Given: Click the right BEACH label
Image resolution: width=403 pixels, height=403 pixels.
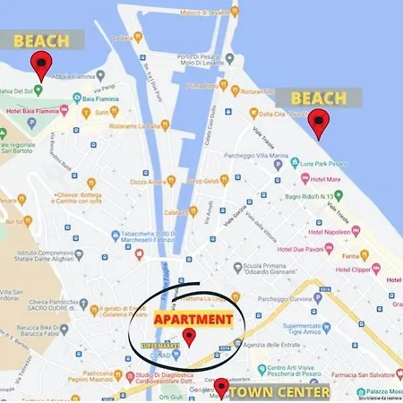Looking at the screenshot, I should pyautogui.click(x=317, y=98).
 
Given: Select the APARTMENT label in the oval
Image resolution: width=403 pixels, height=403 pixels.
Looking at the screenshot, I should pyautogui.click(x=193, y=318).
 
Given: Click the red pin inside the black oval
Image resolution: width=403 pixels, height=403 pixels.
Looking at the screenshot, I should pyautogui.click(x=188, y=338).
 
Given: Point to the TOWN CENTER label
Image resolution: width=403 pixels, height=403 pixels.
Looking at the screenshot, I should pyautogui.click(x=278, y=391).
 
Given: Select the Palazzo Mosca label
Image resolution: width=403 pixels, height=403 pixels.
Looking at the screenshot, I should pyautogui.click(x=382, y=392).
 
